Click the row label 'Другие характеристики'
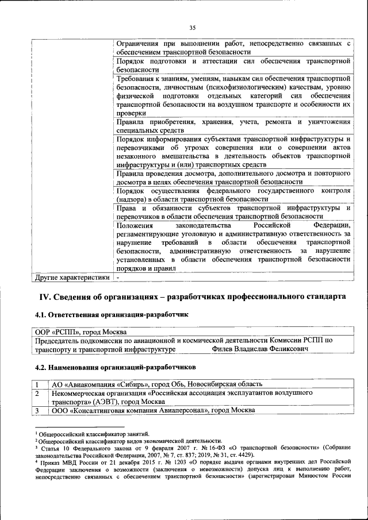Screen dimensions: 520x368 72,278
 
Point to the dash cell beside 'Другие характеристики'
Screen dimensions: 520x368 118,278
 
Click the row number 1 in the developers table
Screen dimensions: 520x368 36,384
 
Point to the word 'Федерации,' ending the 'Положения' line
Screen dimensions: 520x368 332,225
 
